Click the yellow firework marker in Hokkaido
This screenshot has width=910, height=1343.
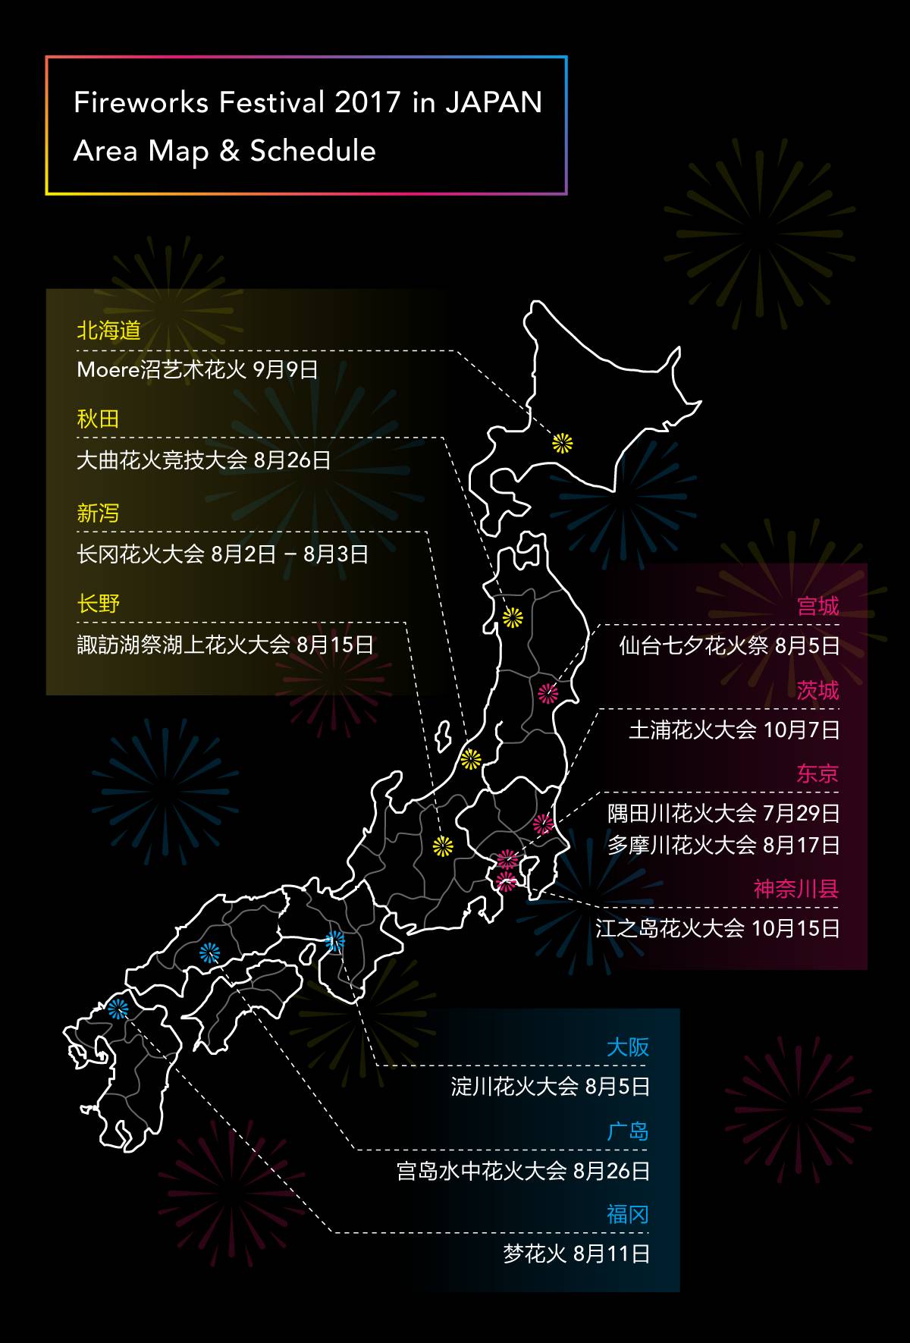tap(562, 443)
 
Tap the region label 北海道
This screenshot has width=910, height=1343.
tap(108, 331)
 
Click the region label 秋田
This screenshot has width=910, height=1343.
tap(98, 419)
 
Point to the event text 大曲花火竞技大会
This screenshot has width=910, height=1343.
tap(162, 460)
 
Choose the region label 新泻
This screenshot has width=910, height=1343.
tap(98, 513)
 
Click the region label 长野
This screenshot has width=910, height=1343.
tap(98, 604)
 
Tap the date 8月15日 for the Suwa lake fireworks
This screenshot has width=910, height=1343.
tap(334, 645)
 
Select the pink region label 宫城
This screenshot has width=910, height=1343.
tap(817, 606)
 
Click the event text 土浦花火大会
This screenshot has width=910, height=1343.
tap(692, 730)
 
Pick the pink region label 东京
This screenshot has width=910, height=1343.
tap(817, 773)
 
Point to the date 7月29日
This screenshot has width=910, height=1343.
tap(801, 814)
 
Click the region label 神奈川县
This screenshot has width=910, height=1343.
tap(795, 889)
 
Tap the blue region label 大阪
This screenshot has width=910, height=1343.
tap(628, 1047)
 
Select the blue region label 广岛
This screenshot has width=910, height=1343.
tap(628, 1131)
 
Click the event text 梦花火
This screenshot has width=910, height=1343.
tap(535, 1254)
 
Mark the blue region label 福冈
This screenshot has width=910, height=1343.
tap(628, 1215)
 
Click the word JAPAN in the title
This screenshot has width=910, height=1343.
tap(493, 102)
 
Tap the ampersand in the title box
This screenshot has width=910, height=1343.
tap(229, 151)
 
